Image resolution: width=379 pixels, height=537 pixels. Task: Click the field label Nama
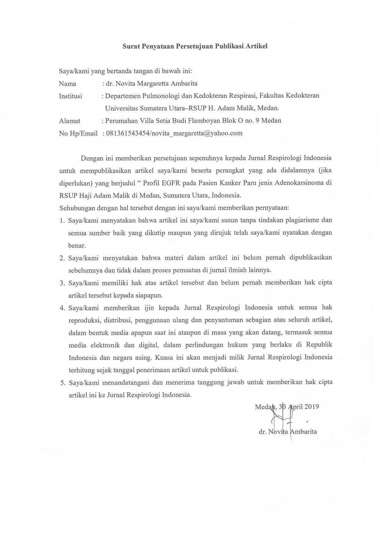tap(68, 84)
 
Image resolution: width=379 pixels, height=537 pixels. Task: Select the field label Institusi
tap(70, 96)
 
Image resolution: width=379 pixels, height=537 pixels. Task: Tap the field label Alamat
tap(70, 121)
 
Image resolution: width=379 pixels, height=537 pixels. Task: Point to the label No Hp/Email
tap(78, 133)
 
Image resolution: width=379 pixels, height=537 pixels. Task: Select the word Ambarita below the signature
tap(303, 432)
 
